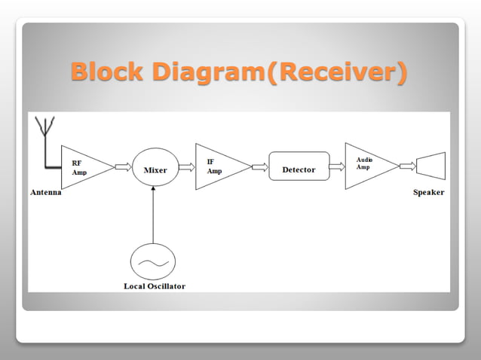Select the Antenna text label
pyautogui.click(x=45, y=193)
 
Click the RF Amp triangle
pyautogui.click(x=81, y=166)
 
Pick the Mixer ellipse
pyautogui.click(x=155, y=169)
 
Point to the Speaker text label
pyautogui.click(x=428, y=193)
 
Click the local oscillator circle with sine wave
pyautogui.click(x=152, y=261)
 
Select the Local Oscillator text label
pyautogui.click(x=154, y=286)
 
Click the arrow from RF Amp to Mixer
pyautogui.click(x=123, y=166)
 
